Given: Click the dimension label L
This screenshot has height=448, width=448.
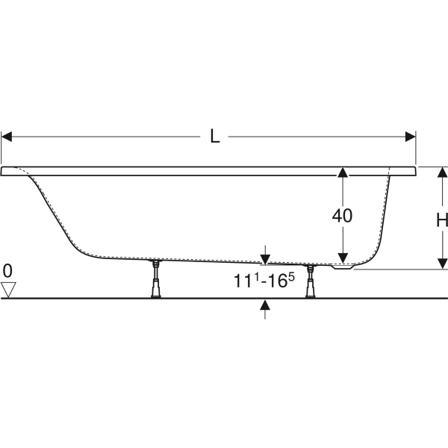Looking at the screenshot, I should pyautogui.click(x=215, y=137).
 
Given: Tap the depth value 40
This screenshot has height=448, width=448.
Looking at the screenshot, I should pyautogui.click(x=342, y=216).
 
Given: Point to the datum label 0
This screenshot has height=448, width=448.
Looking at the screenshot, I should pyautogui.click(x=7, y=270).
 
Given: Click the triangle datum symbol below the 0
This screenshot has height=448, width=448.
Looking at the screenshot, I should pyautogui.click(x=8, y=290).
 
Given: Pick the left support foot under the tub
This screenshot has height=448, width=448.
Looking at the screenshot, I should pyautogui.click(x=155, y=279).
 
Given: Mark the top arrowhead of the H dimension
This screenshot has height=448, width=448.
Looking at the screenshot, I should pyautogui.click(x=442, y=172).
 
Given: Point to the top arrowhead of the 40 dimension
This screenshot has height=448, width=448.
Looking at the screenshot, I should pyautogui.click(x=342, y=172).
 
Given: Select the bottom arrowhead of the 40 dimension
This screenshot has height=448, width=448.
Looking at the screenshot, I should pyautogui.click(x=342, y=257).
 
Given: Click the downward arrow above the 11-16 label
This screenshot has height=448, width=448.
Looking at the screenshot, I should pyautogui.click(x=265, y=258).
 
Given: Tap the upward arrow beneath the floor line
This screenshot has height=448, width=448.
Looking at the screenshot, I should pyautogui.click(x=265, y=305).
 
